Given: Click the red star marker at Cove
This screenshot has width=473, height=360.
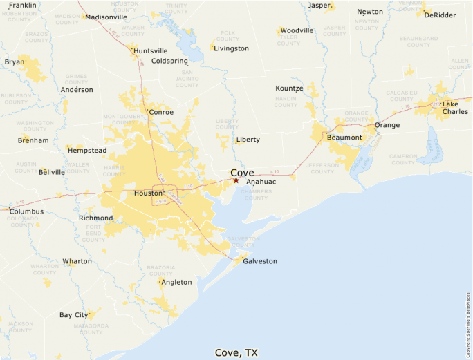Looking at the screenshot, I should (x=236, y=180).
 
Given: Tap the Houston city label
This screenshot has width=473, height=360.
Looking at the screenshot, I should (x=148, y=193).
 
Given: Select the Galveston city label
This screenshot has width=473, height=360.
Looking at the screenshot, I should (x=259, y=261).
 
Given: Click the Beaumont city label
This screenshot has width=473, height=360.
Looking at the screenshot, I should (x=344, y=137).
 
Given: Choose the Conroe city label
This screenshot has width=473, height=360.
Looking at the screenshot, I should (x=161, y=112).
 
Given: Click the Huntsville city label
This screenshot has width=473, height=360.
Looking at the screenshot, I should (x=151, y=51).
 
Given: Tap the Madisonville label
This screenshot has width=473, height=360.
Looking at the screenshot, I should (x=106, y=17).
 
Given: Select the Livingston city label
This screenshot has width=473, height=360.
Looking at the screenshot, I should (x=231, y=48).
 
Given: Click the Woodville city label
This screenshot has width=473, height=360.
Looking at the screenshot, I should (x=297, y=30).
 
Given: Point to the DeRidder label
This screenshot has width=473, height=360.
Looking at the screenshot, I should (x=440, y=15).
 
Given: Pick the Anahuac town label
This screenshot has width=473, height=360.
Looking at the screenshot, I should (x=261, y=182).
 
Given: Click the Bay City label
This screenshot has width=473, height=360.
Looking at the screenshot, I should (x=73, y=315).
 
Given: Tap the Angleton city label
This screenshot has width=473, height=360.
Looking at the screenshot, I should (x=176, y=282).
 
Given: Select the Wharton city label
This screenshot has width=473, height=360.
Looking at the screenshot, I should (x=77, y=261).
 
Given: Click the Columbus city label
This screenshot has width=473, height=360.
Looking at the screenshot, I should (x=26, y=211).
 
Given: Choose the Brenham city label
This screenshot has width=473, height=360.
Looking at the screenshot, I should (x=33, y=140).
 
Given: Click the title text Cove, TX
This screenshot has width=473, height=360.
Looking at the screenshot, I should (x=236, y=352).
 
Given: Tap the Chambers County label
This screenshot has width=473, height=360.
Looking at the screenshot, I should (x=256, y=194).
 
